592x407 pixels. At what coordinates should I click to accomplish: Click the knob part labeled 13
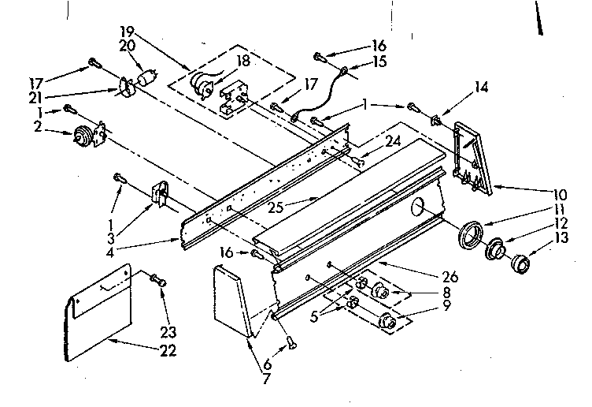pos(519,262)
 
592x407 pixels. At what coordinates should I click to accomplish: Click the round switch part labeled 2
pos(82,136)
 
